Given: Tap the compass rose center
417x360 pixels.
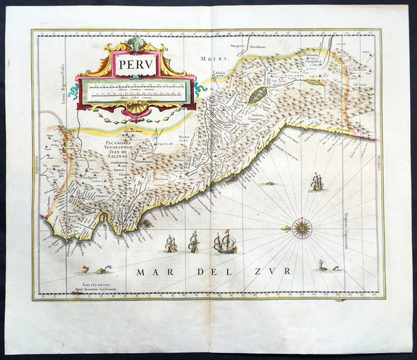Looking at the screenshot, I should (302, 228).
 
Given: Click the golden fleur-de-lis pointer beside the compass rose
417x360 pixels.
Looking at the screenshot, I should (286, 228).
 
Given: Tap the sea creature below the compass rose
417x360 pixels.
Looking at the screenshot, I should (324, 266).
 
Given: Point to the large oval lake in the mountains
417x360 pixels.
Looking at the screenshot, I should (257, 95).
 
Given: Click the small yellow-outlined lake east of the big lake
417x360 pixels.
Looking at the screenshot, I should (314, 82).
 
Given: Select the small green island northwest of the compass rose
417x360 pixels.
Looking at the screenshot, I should (268, 184).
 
